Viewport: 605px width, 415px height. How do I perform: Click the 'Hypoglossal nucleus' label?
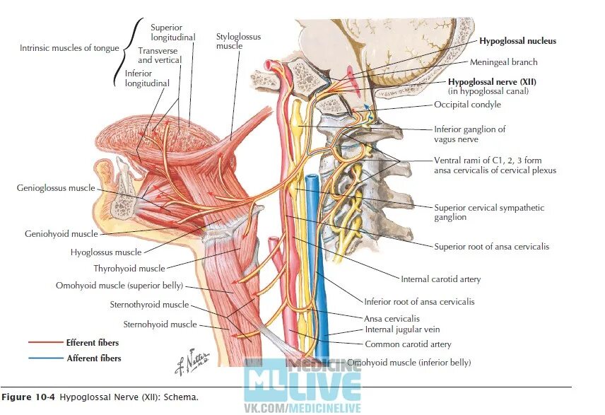(517, 41)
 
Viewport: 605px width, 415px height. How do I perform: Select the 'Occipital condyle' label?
(467, 105)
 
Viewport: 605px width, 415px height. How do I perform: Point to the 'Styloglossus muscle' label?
(229, 40)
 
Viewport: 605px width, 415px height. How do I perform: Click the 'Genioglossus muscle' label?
(56, 188)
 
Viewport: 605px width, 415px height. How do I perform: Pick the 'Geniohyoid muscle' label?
(61, 233)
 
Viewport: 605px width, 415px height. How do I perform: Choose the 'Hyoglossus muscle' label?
(106, 252)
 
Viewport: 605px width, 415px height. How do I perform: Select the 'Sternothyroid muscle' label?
(149, 305)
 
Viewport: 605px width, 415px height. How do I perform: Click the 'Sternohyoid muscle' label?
(160, 325)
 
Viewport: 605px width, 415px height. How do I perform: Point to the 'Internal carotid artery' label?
(440, 279)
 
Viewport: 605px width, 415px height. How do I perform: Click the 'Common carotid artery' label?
(408, 344)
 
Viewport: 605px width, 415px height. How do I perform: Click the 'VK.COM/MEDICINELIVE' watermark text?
(302, 409)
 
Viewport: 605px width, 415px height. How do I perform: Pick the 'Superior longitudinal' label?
(172, 32)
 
